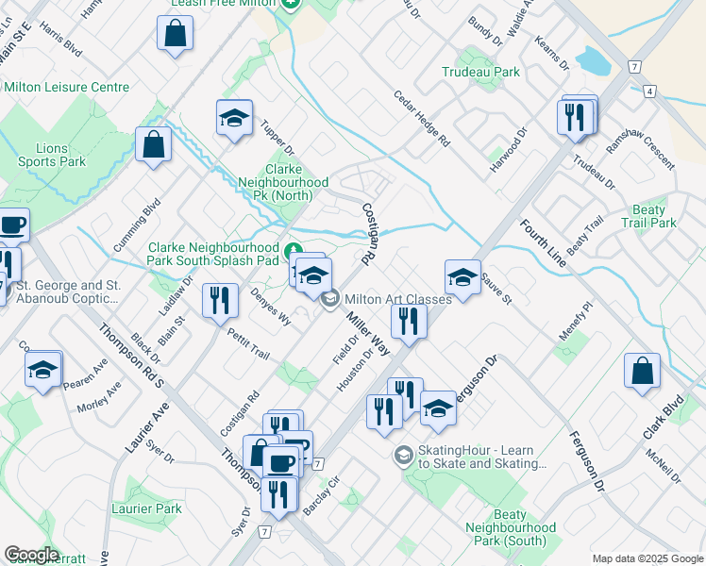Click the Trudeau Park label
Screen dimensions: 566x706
(x=480, y=72)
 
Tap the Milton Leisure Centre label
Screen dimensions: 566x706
(x=66, y=88)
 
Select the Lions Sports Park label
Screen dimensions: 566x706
(x=52, y=155)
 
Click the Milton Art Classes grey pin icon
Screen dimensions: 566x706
(x=329, y=300)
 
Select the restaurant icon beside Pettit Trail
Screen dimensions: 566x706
(x=219, y=301)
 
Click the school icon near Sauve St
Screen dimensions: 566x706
(x=462, y=277)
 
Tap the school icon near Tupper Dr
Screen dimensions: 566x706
(x=234, y=117)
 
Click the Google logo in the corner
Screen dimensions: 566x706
(x=31, y=555)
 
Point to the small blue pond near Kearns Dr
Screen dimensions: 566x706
(x=591, y=61)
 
